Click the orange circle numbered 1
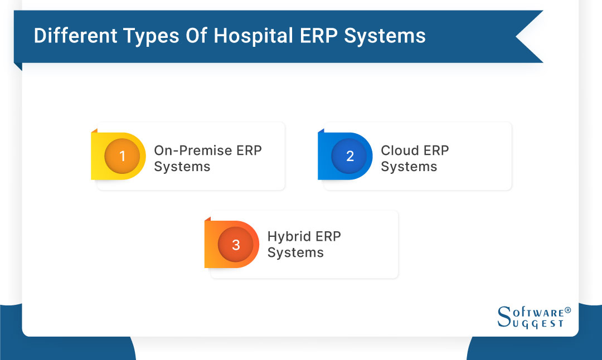coord(122,156)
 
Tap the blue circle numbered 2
coord(349,156)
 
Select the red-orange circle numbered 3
coord(236,245)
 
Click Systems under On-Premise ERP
coord(182,167)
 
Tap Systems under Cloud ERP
coord(409,167)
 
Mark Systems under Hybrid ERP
coord(295,252)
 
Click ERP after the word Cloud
coord(436,150)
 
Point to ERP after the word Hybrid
coord(328,236)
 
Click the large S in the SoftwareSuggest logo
coord(504,317)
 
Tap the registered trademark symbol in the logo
coord(567,310)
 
